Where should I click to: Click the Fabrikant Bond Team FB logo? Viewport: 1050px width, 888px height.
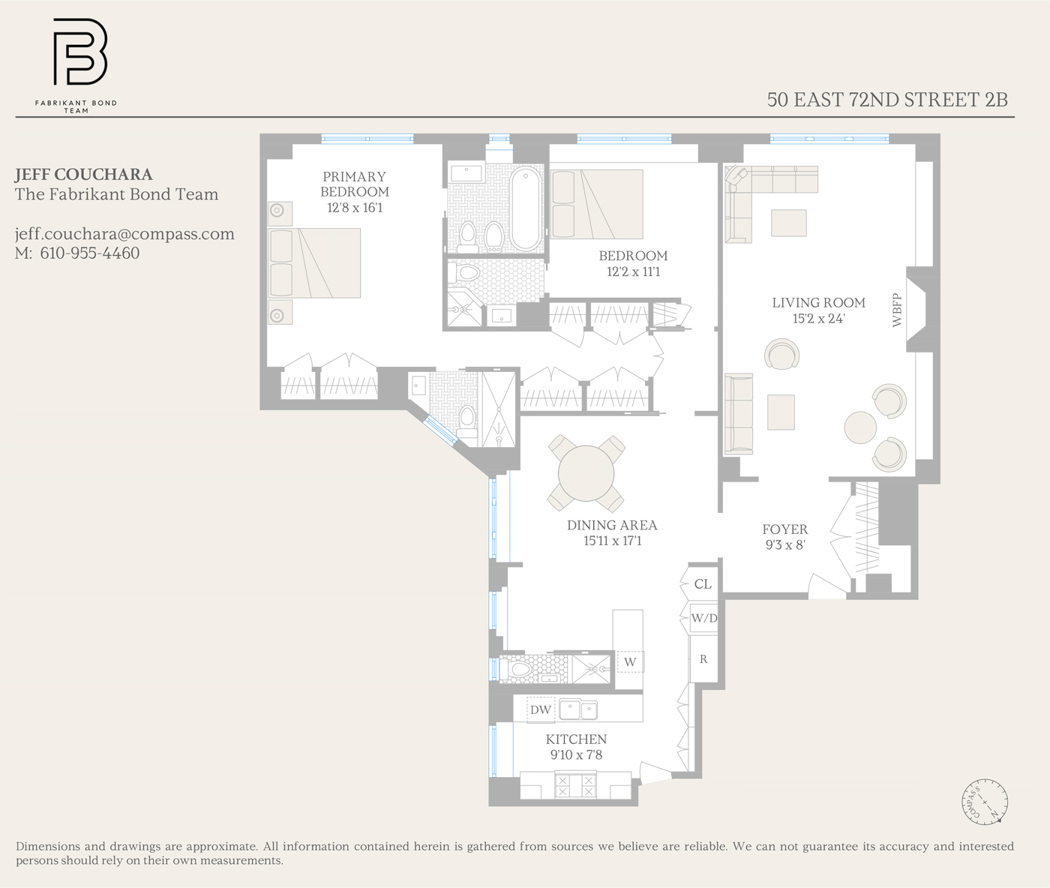(79, 52)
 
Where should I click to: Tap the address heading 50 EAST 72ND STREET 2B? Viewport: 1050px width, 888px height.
(886, 99)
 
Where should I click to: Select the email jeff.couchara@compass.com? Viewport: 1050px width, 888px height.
(124, 234)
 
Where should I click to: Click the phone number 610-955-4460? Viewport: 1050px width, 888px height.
(89, 253)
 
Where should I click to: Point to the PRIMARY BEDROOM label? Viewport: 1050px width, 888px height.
(354, 184)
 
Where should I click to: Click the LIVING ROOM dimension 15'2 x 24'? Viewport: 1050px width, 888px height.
(818, 319)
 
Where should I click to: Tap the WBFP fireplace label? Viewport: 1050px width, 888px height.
(897, 310)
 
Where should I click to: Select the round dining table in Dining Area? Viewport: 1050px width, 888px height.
(586, 473)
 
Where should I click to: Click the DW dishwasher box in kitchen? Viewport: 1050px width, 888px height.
(540, 709)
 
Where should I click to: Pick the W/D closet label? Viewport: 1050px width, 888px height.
(703, 619)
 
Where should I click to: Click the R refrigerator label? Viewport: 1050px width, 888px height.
(703, 659)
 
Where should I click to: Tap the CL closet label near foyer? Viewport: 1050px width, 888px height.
(703, 584)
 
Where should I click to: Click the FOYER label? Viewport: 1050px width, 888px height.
(784, 529)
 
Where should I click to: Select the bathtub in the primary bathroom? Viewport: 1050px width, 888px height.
(526, 208)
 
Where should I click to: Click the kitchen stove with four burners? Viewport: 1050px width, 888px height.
(575, 786)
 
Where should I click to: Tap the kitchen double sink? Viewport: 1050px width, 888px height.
(578, 709)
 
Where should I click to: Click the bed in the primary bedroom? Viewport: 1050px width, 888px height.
(314, 263)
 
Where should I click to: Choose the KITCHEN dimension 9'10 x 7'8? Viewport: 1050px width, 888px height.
(576, 755)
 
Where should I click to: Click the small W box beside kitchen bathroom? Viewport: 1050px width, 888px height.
(630, 661)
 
